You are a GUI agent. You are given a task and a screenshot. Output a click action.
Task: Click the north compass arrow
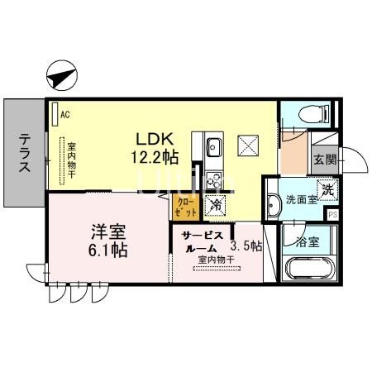point(62,77)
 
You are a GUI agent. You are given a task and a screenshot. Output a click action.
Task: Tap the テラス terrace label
point(24,154)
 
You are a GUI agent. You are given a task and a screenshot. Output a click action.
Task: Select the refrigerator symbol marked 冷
point(214,205)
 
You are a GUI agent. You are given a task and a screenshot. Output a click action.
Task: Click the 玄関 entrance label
point(324,160)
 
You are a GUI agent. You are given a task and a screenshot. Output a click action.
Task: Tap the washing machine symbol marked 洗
point(327,189)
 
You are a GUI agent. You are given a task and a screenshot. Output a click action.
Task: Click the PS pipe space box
point(333,214)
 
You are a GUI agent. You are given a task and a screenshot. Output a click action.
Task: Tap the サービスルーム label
point(200,241)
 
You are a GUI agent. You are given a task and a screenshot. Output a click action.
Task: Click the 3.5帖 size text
point(246,246)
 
